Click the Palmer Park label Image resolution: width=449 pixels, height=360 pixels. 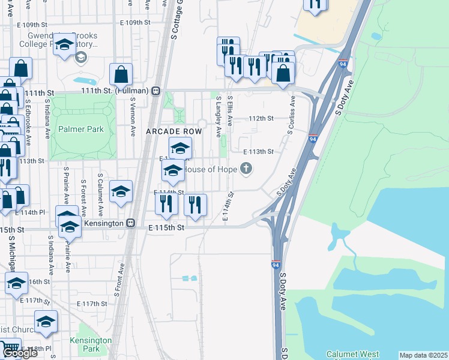click(x=81, y=129)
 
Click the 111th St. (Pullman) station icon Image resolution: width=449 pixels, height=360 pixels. click(x=156, y=91)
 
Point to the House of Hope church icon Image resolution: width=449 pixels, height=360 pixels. click(x=246, y=169)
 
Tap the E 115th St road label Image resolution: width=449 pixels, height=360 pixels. click(x=166, y=227)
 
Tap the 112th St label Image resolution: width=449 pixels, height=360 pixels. click(x=262, y=118)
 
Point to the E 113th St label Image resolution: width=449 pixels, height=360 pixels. click(x=258, y=152)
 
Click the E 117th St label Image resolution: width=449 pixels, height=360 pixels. click(x=94, y=304)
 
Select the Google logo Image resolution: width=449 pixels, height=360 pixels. click(x=19, y=353)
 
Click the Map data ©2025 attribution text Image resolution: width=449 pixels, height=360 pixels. click(x=423, y=355)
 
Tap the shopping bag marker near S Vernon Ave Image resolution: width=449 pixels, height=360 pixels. click(x=121, y=76)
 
